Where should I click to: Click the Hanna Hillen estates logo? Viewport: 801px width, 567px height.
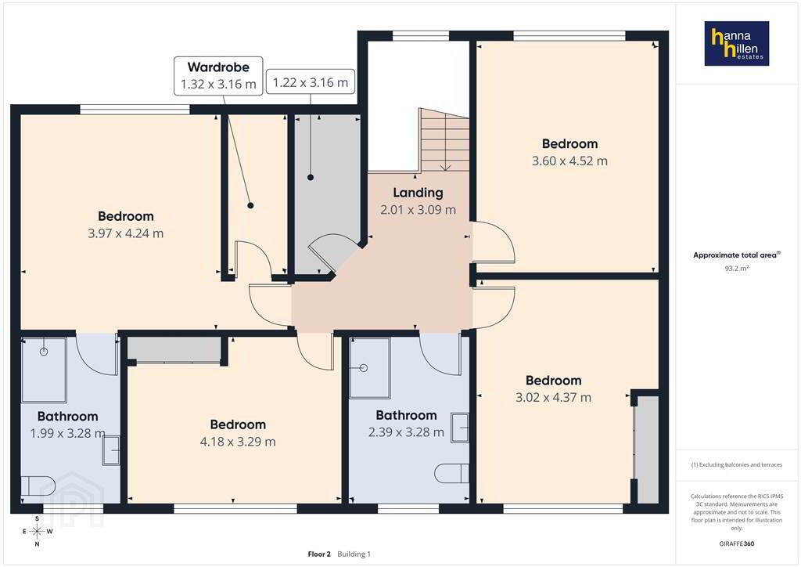point(737,43)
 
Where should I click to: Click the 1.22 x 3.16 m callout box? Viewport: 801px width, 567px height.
point(310,82)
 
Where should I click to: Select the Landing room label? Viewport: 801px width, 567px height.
point(418,193)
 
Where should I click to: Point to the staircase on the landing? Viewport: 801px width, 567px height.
point(444,139)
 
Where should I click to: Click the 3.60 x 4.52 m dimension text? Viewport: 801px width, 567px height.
point(569,161)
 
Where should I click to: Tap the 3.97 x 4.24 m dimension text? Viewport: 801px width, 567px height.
point(126,233)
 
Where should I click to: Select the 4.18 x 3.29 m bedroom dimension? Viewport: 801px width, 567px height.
point(238,442)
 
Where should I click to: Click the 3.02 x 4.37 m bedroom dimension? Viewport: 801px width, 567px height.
point(553,398)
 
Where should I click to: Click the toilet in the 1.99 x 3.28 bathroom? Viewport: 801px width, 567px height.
point(38,486)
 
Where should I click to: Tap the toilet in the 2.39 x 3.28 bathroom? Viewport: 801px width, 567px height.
point(451,474)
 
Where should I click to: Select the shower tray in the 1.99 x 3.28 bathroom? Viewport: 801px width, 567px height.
point(44,370)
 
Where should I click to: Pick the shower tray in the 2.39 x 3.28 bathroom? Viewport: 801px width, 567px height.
point(370,367)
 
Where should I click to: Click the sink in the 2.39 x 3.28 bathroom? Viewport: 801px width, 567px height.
point(460,428)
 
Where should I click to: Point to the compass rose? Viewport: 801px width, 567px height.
point(37,532)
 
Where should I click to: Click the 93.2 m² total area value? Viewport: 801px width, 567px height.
point(737,269)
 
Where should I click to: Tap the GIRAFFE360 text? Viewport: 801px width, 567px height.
point(737,544)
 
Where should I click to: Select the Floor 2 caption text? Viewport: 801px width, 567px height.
point(319,554)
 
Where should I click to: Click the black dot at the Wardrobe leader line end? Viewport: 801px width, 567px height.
point(250,205)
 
